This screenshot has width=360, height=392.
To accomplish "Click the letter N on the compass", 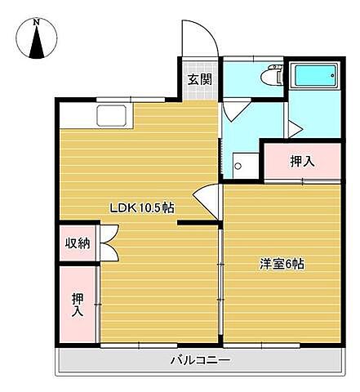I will point(37,24).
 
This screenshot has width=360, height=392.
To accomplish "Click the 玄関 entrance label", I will point(199,79).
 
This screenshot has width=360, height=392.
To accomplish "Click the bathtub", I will point(313,76).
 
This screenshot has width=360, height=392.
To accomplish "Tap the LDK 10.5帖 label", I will point(142,207).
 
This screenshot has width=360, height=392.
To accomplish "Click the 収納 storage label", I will point(78,243).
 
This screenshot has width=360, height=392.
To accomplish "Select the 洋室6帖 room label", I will point(282,265).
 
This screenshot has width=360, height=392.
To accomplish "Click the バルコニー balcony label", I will point(200,360).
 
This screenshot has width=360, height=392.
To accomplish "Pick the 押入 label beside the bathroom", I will point(301,162).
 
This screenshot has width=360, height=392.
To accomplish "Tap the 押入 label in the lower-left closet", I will point(77,304).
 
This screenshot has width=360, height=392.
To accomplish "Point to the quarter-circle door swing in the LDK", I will point(207,199).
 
